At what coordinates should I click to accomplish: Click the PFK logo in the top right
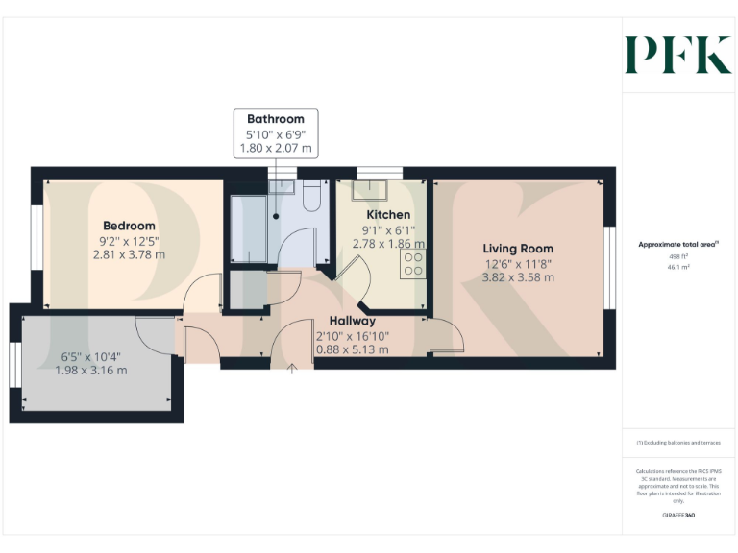(678, 55)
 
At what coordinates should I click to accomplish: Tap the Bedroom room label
(129, 226)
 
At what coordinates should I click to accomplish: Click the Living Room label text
(518, 249)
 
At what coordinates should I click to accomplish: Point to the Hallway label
(352, 321)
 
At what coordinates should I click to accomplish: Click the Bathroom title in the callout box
(276, 120)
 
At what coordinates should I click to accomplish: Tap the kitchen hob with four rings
(414, 265)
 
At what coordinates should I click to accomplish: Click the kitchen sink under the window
(371, 188)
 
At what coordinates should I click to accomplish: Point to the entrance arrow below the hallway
(292, 370)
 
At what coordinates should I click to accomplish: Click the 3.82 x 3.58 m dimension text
(518, 277)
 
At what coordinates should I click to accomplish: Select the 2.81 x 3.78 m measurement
(129, 254)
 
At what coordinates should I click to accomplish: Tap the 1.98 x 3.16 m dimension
(90, 370)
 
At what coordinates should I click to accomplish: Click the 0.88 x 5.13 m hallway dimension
(352, 349)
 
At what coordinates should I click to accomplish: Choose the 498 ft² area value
(678, 257)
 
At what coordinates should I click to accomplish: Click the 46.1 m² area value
(678, 268)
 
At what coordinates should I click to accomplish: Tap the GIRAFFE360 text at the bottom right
(678, 517)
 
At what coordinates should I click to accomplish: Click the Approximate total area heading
(676, 245)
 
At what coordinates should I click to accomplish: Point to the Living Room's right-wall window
(608, 268)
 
